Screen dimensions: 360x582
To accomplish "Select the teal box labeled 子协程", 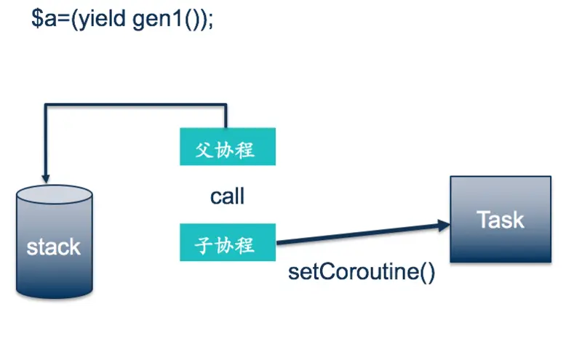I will click(228, 243).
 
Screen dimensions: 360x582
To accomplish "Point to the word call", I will click(228, 196).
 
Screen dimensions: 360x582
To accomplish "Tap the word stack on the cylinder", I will click(53, 247).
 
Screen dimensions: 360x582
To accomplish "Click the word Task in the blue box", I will click(501, 220).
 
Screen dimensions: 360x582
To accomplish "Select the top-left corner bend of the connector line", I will click(47, 106).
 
